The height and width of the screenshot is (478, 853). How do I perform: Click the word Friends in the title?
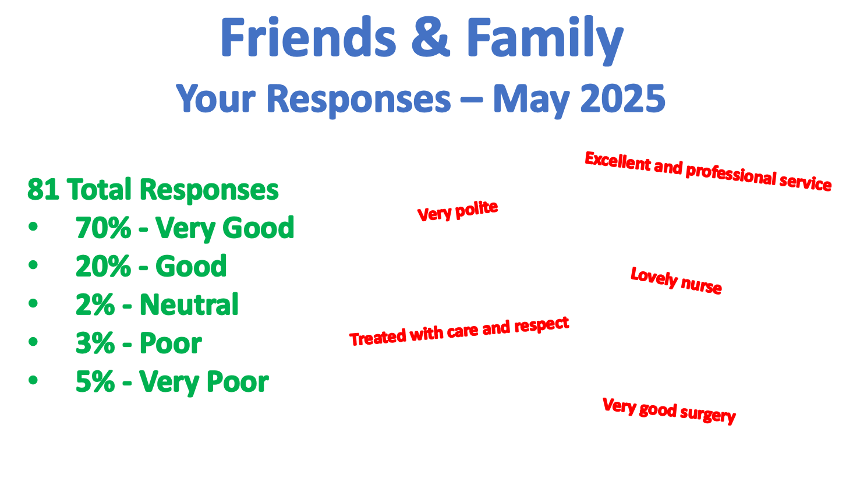309,37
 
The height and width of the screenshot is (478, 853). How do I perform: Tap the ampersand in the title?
431,37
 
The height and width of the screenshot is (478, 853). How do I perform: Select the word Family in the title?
545,40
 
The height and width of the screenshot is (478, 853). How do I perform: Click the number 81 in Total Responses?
43,189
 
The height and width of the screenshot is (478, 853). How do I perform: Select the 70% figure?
103,228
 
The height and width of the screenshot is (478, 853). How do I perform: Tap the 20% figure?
103,266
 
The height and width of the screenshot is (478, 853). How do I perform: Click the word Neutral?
189,304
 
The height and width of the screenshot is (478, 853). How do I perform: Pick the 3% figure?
95,343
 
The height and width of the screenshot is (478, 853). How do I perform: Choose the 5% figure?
95,381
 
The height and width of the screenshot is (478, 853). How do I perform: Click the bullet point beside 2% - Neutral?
33,303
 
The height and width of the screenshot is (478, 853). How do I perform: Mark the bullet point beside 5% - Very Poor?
33,380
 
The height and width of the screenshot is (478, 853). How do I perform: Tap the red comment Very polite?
458,211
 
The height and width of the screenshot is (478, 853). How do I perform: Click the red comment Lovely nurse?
677,281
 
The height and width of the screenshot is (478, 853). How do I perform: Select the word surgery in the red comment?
707,415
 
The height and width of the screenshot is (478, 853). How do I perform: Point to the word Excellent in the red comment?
618,161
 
